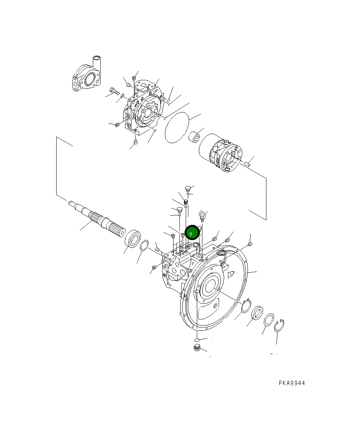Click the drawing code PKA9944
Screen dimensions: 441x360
pyautogui.click(x=292, y=383)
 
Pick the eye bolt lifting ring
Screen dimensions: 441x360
pyautogui.click(x=202, y=215)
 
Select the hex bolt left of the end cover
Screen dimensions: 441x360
pyautogui.click(x=114, y=90)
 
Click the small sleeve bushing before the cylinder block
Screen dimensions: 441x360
pyautogui.click(x=195, y=138)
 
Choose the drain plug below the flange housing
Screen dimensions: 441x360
pyautogui.click(x=197, y=347)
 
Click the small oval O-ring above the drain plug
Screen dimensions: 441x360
pyautogui.click(x=198, y=339)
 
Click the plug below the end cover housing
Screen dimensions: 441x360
pyautogui.click(x=135, y=142)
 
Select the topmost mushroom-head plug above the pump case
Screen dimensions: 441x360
pyautogui.click(x=188, y=188)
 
